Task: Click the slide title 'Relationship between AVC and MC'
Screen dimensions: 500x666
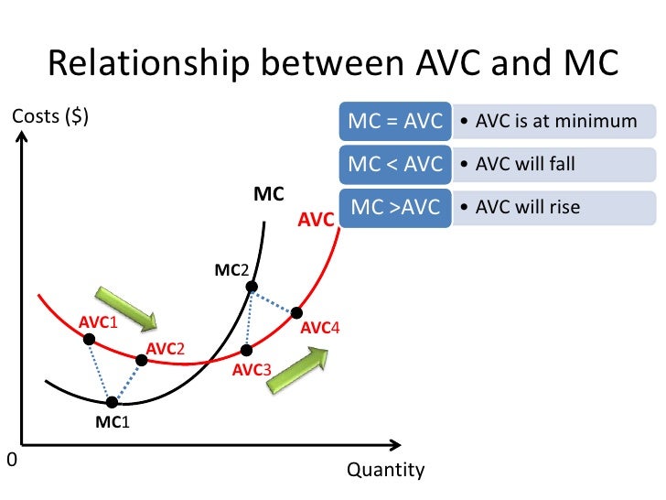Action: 333,63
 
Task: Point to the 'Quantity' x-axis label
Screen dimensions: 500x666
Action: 385,471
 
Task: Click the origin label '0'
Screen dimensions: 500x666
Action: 11,460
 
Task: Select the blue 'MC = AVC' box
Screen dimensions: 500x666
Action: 395,122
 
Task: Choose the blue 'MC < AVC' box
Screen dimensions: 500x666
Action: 395,164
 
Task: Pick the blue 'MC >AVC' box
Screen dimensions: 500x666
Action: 395,207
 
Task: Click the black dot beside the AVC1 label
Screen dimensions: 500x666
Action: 90,340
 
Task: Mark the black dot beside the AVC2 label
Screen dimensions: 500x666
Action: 141,360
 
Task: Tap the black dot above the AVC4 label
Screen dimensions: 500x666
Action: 296,312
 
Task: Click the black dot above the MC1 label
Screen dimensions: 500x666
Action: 112,401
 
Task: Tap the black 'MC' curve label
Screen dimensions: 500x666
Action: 268,195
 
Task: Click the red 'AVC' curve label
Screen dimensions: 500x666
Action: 316,221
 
